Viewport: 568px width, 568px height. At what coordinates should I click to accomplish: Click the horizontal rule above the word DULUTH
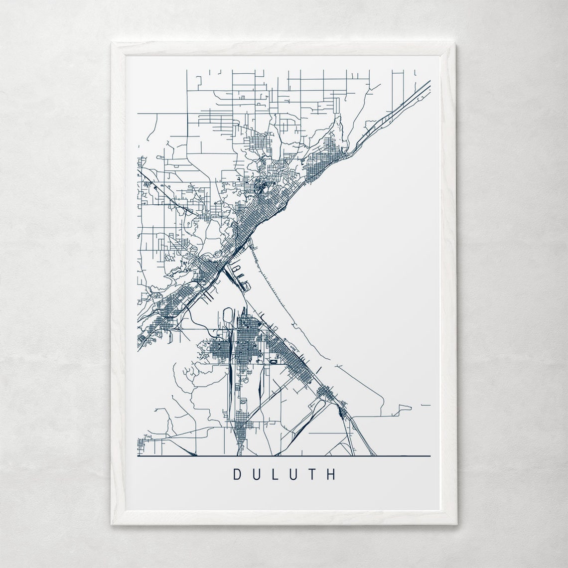click(284, 456)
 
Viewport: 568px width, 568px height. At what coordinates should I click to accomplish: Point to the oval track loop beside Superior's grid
click(229, 315)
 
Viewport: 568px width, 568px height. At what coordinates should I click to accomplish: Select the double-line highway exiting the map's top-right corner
click(419, 92)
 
